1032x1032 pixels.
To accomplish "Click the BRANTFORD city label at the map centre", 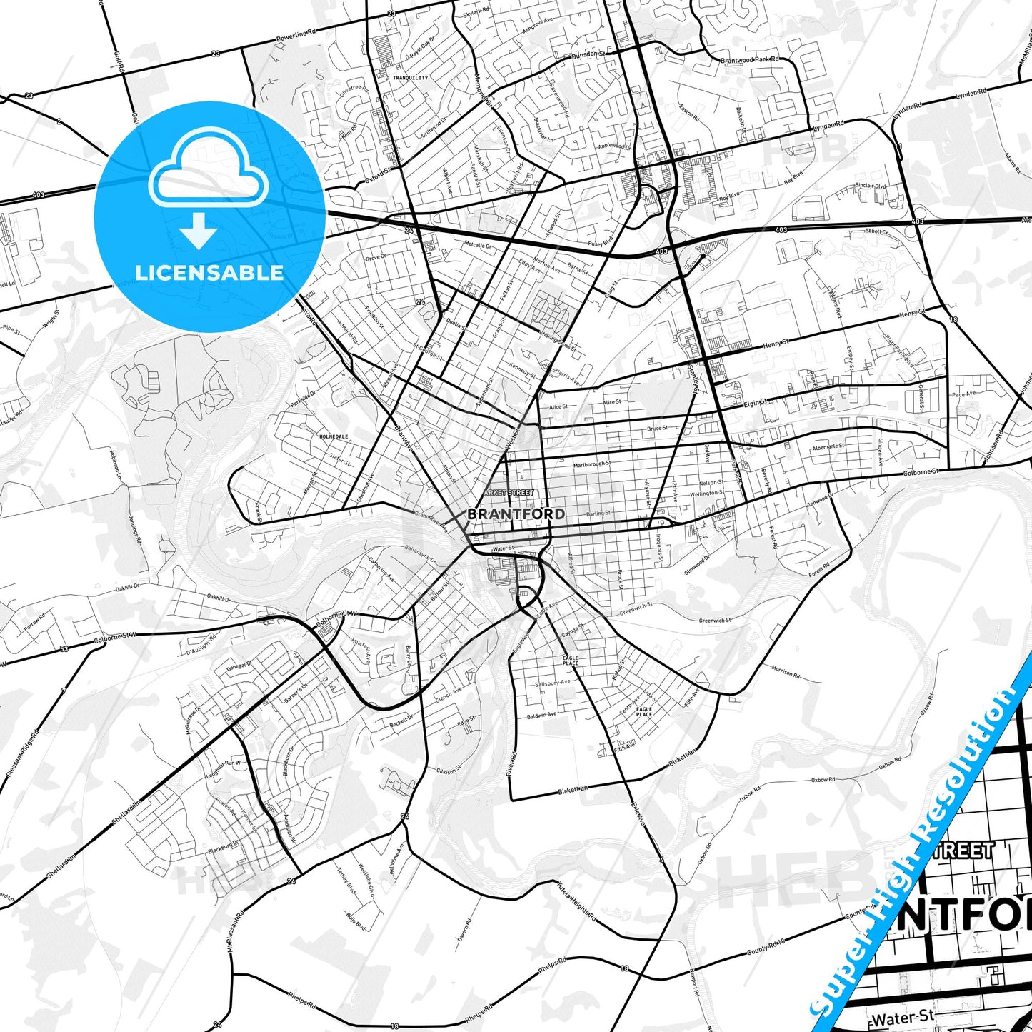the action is pos(515,514).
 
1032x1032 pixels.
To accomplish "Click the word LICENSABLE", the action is pos(209,272).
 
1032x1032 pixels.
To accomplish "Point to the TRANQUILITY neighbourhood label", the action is pos(410,78).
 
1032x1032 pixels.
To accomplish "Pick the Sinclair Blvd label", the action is pos(871,186).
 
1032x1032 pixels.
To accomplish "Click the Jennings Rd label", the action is pos(134,528).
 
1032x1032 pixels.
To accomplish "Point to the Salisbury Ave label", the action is pos(553,683).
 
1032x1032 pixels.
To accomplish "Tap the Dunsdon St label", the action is pos(588,54).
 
